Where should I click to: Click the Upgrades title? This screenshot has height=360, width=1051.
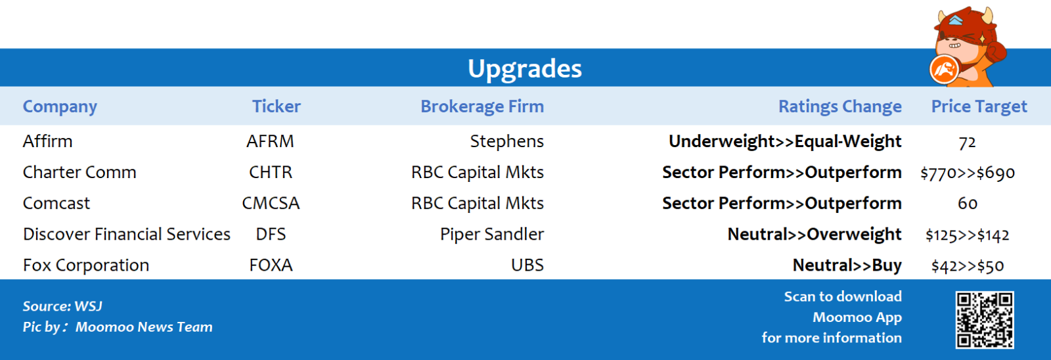coord(525,68)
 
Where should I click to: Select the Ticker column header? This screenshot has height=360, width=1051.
coord(277,106)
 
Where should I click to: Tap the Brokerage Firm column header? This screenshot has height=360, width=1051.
coord(482,106)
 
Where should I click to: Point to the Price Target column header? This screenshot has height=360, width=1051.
coord(979,106)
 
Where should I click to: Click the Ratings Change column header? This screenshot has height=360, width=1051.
coord(840,106)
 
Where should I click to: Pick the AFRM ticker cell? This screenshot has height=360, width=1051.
coord(270,141)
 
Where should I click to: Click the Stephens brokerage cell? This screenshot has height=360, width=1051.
coord(506,141)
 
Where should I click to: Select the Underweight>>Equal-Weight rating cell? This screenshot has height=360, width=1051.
coord(785,141)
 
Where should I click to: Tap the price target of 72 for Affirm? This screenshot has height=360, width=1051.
coord(967,142)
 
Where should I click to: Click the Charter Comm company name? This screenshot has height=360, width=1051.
coord(79,172)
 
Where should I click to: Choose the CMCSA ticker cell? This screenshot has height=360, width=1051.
coord(271,203)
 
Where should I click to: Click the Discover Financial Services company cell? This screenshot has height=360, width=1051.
coord(127,235)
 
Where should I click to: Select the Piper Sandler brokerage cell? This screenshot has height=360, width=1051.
coord(492,235)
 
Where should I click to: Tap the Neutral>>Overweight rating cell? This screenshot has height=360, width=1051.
coord(815,235)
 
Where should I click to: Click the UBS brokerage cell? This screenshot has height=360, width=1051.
coord(527,265)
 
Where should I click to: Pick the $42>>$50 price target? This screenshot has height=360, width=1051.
coord(968,266)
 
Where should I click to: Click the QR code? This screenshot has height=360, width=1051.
coord(985,320)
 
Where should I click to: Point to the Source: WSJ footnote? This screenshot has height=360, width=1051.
coord(62,307)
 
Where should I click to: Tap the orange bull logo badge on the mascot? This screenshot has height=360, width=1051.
coord(944,70)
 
